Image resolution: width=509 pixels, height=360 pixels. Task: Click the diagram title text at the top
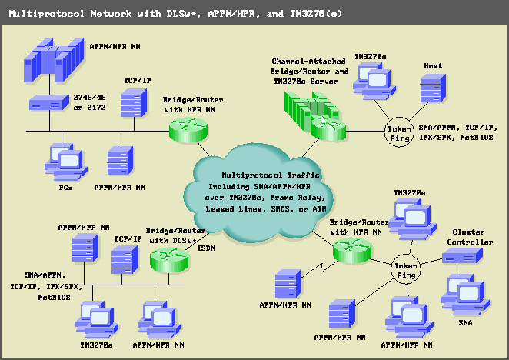pyautogui.click(x=175, y=14)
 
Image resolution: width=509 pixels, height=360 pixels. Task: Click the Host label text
pyautogui.click(x=433, y=66)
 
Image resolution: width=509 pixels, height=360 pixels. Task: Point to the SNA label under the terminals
pyautogui.click(x=464, y=323)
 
